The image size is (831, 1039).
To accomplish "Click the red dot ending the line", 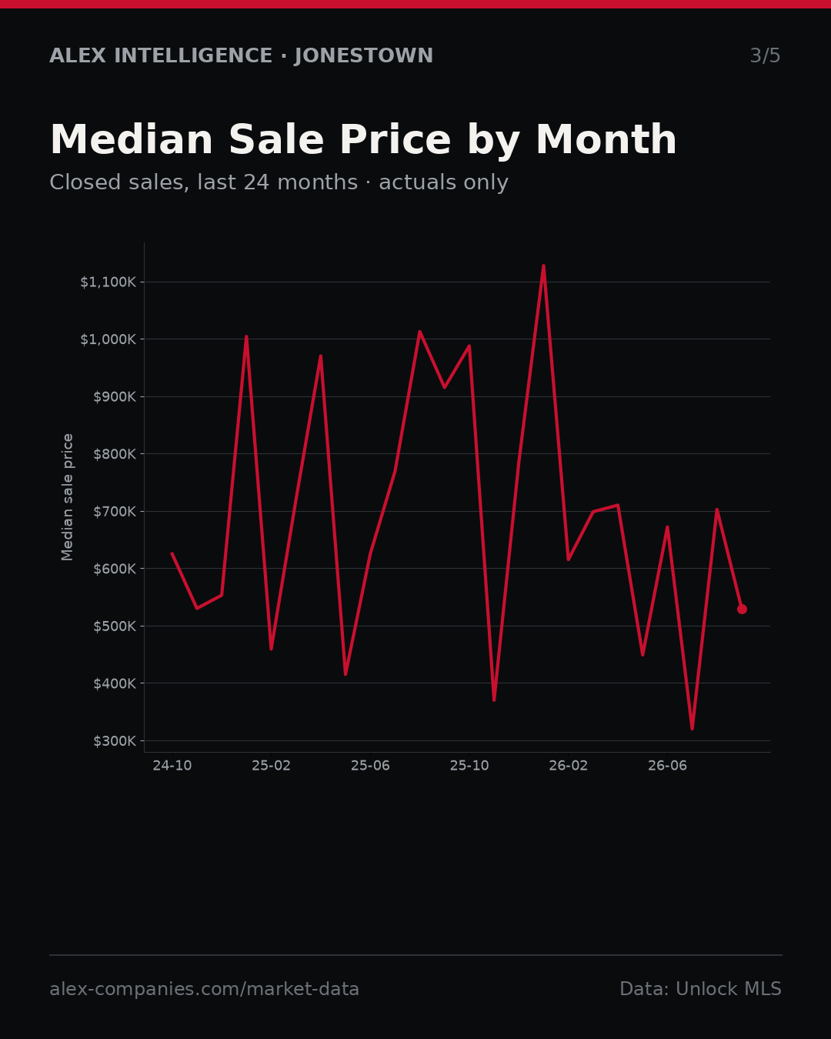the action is tap(742, 610).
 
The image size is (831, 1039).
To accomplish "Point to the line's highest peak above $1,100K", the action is tap(543, 266).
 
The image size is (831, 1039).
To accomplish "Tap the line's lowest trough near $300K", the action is tap(692, 729).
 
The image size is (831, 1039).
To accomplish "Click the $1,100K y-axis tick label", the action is tap(108, 282).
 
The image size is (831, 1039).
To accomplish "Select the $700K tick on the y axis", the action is tap(115, 512).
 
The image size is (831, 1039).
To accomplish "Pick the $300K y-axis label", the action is tap(115, 741).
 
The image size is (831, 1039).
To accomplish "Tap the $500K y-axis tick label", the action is tap(115, 626).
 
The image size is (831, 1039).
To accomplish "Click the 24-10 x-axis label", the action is tap(172, 766).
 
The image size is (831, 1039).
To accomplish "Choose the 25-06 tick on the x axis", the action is tap(370, 766).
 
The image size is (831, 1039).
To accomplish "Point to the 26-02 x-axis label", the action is tap(569, 766).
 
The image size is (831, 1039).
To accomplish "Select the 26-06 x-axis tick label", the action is tap(667, 766).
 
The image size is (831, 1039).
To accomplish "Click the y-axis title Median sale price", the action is tap(67, 497).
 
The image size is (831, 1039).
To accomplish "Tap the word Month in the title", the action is tap(606, 140).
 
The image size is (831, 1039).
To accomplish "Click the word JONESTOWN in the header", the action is tap(364, 55).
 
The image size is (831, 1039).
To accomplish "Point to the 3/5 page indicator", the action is tap(766, 55).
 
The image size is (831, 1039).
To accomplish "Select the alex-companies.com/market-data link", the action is tap(204, 989).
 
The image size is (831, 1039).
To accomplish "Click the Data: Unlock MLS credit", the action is tap(701, 988).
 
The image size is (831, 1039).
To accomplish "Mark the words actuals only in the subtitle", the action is tap(443, 182).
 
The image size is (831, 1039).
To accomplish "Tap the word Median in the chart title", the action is tap(132, 140).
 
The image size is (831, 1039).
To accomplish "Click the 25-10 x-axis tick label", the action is tap(469, 766).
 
